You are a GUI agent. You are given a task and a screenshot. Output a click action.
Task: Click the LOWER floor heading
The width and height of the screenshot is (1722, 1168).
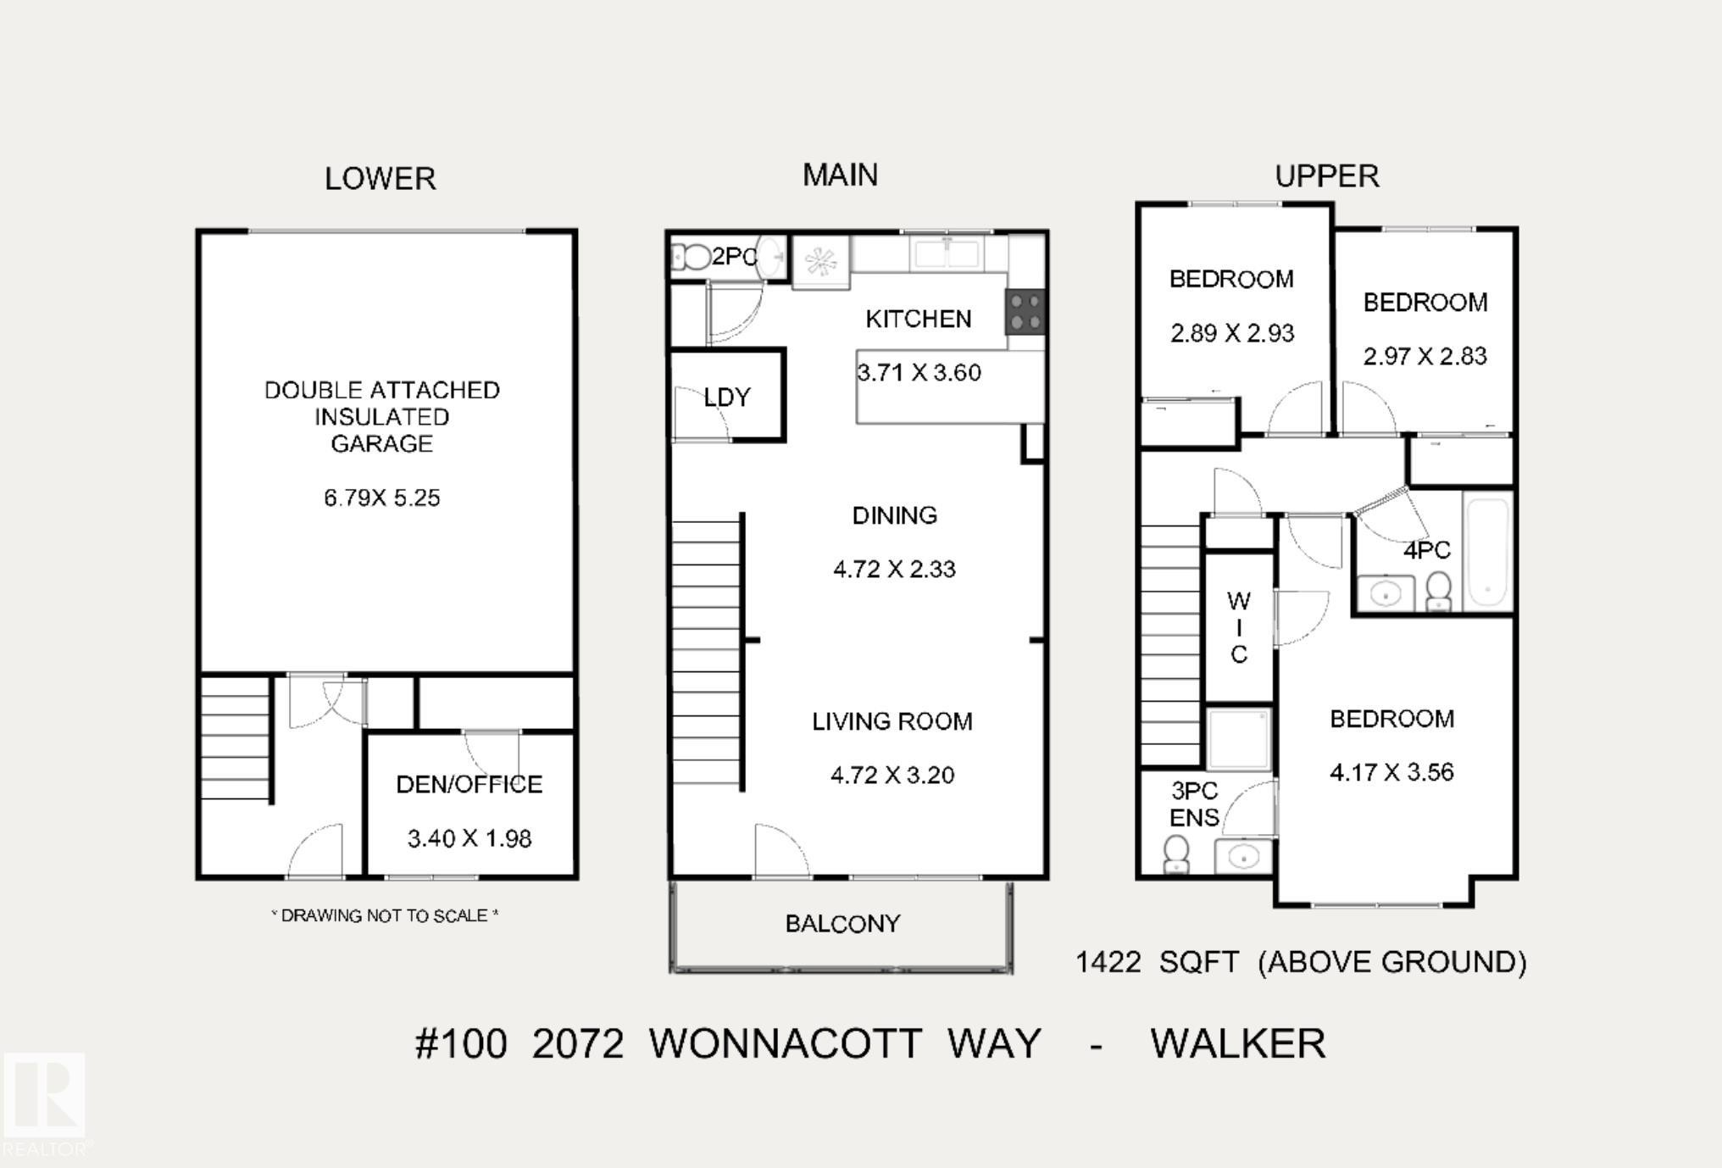tap(381, 179)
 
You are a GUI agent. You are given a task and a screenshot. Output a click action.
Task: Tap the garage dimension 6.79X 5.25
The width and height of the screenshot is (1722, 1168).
tap(382, 498)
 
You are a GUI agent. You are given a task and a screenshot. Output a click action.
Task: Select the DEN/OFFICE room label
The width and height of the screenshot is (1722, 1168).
tap(469, 784)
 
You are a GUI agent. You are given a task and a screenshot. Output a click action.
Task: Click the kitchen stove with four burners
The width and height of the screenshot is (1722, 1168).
tap(1025, 312)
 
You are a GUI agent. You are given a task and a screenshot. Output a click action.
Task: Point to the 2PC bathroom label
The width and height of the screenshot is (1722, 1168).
tap(734, 256)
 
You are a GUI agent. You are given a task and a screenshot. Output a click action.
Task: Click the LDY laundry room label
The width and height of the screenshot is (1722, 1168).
tap(727, 397)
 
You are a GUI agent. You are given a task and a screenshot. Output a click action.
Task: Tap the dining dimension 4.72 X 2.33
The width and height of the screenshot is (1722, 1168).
tap(894, 569)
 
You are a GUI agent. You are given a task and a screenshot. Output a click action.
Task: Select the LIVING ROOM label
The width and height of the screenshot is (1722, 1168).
tap(892, 721)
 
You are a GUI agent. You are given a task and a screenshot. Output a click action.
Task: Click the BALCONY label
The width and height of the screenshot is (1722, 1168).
tap(842, 923)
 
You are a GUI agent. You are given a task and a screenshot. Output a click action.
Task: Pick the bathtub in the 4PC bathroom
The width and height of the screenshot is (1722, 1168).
tap(1488, 551)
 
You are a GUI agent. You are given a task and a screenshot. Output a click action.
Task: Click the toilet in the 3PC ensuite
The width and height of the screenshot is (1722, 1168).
tap(1176, 853)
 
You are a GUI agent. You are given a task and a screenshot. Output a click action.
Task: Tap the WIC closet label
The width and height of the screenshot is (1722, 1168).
tap(1238, 627)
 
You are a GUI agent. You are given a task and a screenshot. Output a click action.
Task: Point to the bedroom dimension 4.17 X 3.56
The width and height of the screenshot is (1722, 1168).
tap(1391, 772)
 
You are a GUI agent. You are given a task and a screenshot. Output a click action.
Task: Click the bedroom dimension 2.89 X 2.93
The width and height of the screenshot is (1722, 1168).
tap(1232, 333)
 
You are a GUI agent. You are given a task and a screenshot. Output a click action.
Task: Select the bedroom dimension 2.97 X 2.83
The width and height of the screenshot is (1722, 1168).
tap(1425, 356)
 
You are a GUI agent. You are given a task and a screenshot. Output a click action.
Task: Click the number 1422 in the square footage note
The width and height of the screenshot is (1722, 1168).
tap(1108, 962)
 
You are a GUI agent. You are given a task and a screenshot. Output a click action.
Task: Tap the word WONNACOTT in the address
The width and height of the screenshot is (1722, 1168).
tap(786, 1043)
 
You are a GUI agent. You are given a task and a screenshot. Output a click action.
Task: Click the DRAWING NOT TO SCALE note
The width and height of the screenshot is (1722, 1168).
tap(385, 915)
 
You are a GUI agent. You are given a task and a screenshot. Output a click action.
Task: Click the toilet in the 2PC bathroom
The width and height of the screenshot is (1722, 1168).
tap(693, 257)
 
